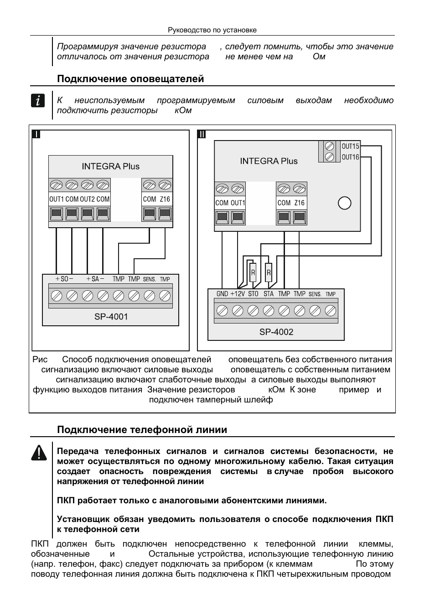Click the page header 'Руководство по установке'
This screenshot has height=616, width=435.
(x=212, y=30)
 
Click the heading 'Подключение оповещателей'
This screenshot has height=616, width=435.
(x=130, y=79)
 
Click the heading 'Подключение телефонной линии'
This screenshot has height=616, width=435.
(x=142, y=430)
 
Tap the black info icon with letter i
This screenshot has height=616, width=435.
(x=38, y=100)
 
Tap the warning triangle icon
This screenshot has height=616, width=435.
(x=39, y=452)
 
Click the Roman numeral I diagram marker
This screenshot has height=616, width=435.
(x=36, y=135)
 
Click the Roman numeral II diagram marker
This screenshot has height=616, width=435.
(x=202, y=135)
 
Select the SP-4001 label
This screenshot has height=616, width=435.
(x=111, y=317)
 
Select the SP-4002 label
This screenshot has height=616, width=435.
(x=276, y=332)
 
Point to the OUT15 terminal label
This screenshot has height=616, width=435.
(x=350, y=146)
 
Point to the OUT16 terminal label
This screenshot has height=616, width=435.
(x=350, y=157)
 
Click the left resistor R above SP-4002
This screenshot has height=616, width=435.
(x=253, y=273)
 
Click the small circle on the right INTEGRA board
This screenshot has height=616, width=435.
(x=345, y=203)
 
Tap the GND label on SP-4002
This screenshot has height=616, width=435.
(x=222, y=294)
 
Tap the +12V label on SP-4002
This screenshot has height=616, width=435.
(x=237, y=294)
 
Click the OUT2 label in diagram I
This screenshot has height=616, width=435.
(x=87, y=199)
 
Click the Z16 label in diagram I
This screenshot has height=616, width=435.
(x=165, y=199)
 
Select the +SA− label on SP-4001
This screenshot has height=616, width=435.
(x=95, y=279)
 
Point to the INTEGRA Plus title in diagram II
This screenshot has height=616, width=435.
(x=269, y=161)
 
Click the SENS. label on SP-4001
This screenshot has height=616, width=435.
(x=149, y=279)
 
